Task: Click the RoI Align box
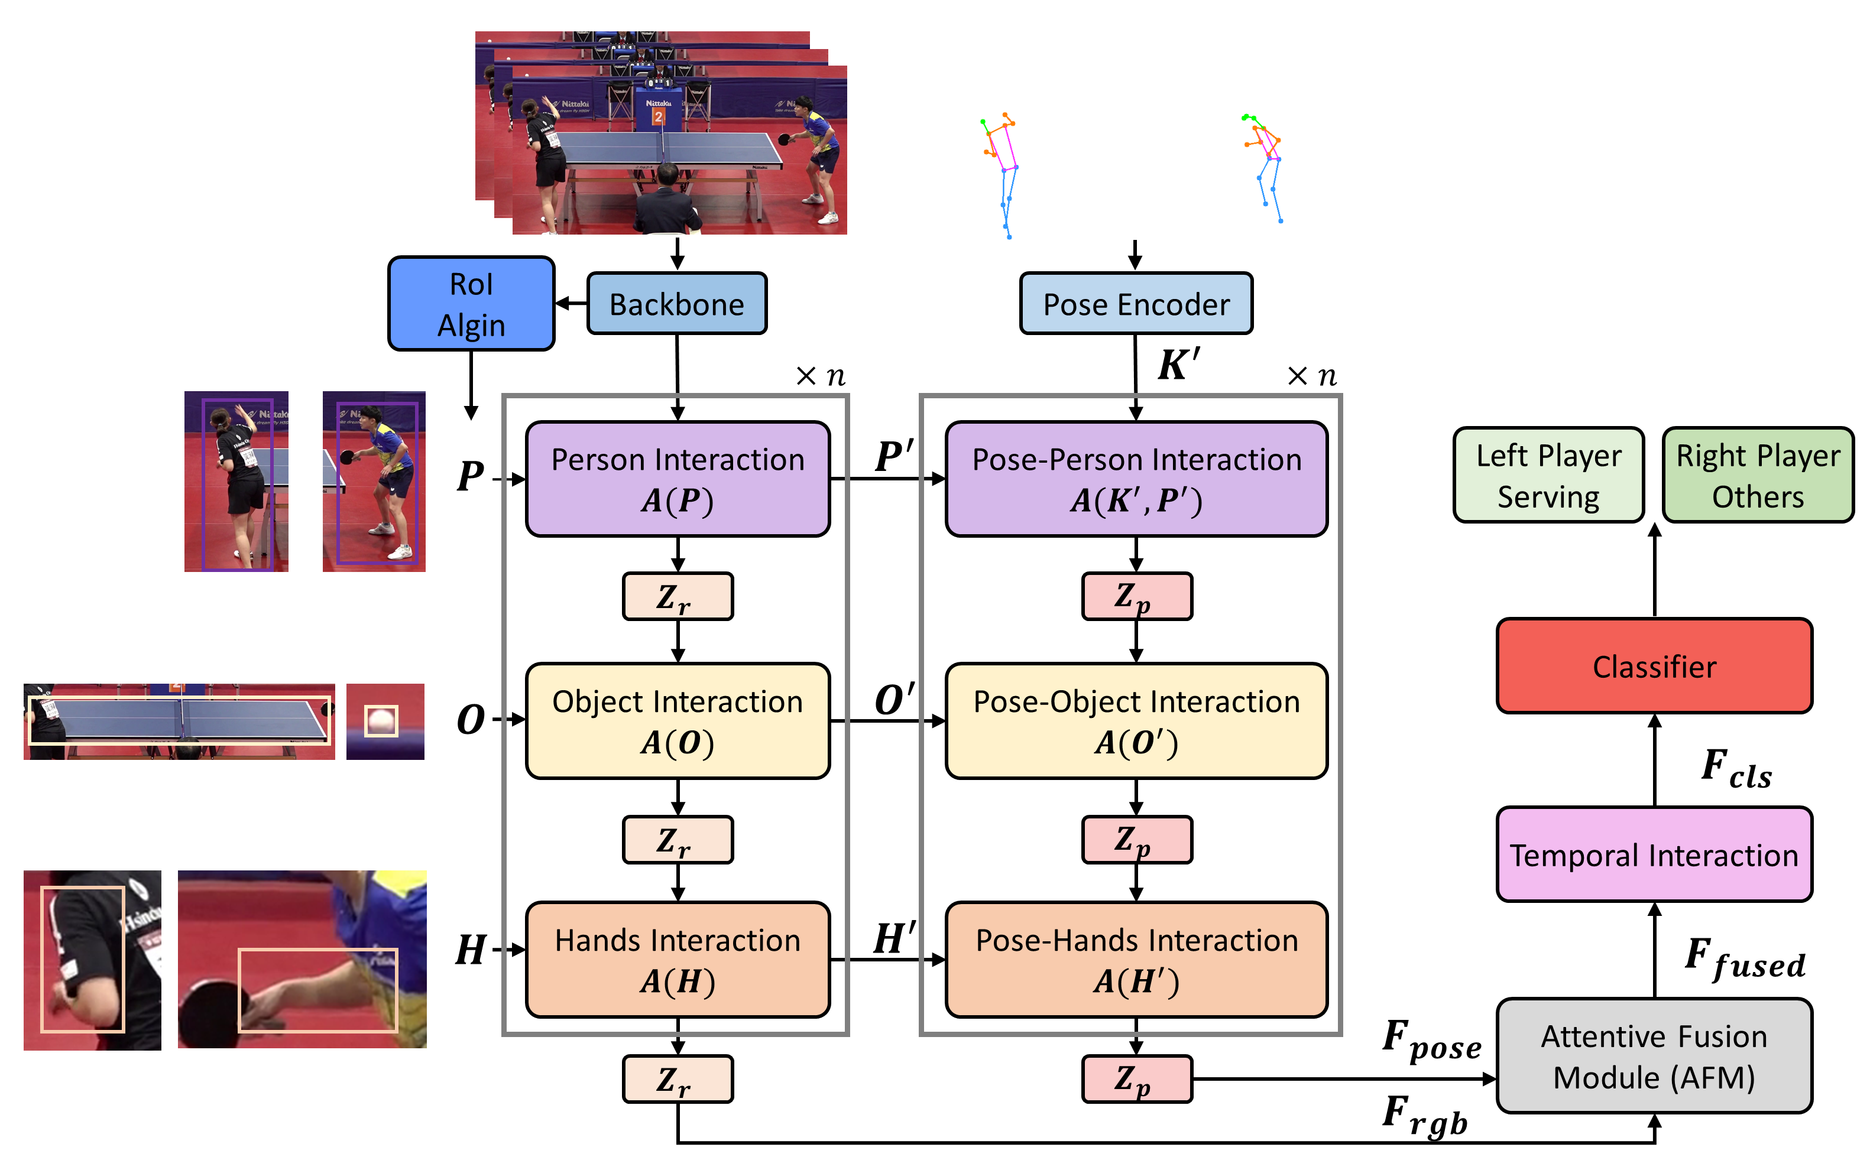[471, 304]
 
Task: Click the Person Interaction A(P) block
[678, 479]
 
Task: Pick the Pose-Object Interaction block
[1136, 720]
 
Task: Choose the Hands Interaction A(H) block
[678, 960]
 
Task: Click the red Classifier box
[1654, 665]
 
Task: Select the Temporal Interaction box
[1654, 855]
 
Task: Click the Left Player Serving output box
[1548, 475]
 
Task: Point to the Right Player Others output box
[1758, 475]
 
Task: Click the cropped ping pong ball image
[385, 721]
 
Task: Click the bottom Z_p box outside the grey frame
[1136, 1078]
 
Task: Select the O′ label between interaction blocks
[894, 700]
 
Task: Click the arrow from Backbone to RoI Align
[571, 303]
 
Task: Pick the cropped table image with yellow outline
[179, 721]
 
